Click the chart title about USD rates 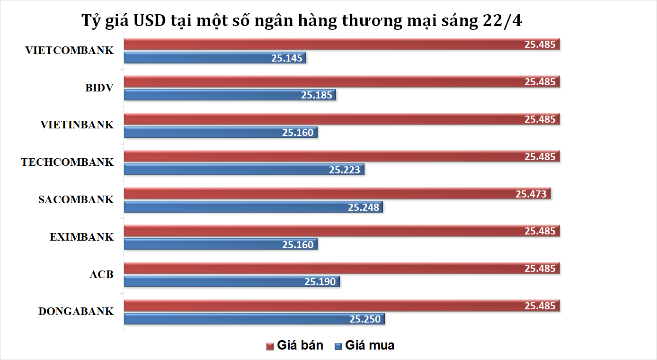point(302,21)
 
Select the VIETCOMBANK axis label point(70,51)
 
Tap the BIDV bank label point(99,88)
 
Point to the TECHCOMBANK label point(67,162)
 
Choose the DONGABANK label point(76,312)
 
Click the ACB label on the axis point(101,275)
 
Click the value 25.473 point(531,194)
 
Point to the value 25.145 point(287,58)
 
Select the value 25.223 point(345,170)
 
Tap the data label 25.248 point(363,207)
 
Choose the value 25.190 point(320,282)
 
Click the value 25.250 point(365,319)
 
